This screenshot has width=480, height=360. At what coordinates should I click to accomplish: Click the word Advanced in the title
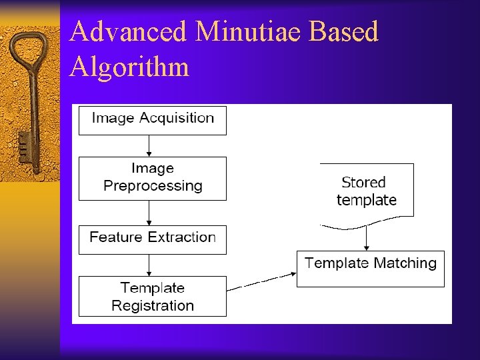(x=117, y=32)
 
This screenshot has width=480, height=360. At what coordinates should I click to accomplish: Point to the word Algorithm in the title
(x=129, y=67)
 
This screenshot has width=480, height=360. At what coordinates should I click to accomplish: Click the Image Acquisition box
(x=153, y=119)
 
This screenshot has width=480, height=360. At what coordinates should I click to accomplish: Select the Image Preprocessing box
(x=153, y=177)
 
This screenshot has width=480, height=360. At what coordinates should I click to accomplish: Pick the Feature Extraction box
(x=153, y=238)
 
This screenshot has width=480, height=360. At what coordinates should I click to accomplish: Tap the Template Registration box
(x=153, y=297)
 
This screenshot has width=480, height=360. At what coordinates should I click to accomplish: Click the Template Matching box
(x=370, y=268)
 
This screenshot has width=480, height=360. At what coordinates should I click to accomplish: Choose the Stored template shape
(x=367, y=191)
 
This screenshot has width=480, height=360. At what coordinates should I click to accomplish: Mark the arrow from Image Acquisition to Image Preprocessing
(x=149, y=145)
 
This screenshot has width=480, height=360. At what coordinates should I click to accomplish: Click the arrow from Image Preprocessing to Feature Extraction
(x=149, y=213)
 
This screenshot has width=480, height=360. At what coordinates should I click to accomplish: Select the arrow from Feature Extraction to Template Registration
(x=149, y=265)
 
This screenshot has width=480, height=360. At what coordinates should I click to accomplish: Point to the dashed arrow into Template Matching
(x=261, y=281)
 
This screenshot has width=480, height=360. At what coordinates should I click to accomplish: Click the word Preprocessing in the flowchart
(x=153, y=186)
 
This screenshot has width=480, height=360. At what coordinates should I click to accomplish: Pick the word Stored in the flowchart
(x=363, y=182)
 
